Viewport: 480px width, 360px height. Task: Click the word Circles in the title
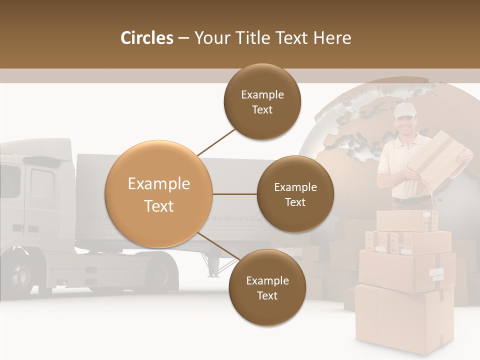pyautogui.click(x=147, y=38)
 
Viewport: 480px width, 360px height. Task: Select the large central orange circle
pyautogui.click(x=159, y=194)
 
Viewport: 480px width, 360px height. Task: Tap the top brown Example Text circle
pyautogui.click(x=262, y=102)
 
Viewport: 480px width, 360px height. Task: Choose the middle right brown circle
pyautogui.click(x=295, y=194)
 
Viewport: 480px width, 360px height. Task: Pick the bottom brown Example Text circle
pyautogui.click(x=267, y=288)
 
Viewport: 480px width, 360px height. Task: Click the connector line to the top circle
pyautogui.click(x=216, y=142)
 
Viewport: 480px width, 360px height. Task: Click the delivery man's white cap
pyautogui.click(x=404, y=110)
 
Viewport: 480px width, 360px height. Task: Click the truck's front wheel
pyautogui.click(x=22, y=274)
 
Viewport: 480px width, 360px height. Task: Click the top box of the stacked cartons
pyautogui.click(x=406, y=220)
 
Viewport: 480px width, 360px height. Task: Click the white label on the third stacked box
pyautogui.click(x=437, y=273)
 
